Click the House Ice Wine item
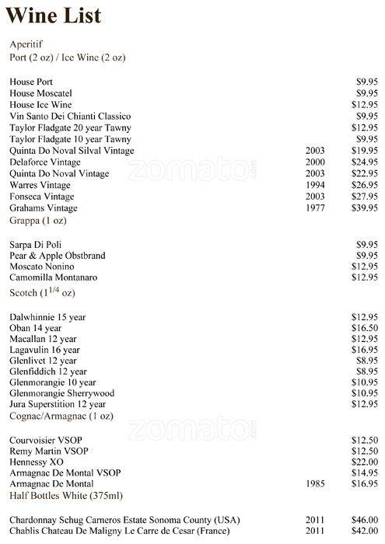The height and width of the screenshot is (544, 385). [x=40, y=104]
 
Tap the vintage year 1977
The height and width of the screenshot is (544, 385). [x=316, y=209]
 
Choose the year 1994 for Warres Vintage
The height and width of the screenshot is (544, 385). [x=316, y=186]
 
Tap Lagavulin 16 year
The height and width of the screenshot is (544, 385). [x=44, y=350]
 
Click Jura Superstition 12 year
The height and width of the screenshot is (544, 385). [x=58, y=405]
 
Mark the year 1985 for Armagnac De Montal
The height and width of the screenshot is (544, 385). [x=316, y=483]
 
